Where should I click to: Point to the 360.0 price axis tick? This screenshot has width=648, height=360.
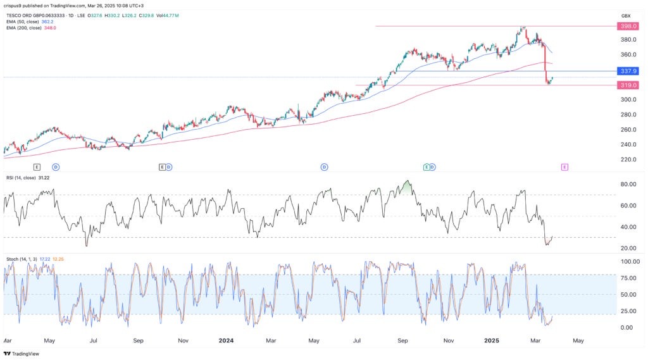point(628,54)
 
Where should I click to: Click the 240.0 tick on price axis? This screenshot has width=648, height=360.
point(628,144)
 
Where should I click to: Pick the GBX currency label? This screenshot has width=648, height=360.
point(626,15)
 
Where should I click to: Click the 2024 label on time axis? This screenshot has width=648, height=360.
point(226,340)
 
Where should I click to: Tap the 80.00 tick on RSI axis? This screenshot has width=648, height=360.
point(627,184)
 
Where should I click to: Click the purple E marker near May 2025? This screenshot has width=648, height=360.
point(564,166)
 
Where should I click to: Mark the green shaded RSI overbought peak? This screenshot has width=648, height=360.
point(407,187)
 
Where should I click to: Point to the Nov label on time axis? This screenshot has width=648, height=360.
point(183,340)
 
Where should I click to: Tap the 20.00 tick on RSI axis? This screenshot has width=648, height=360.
point(627,248)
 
